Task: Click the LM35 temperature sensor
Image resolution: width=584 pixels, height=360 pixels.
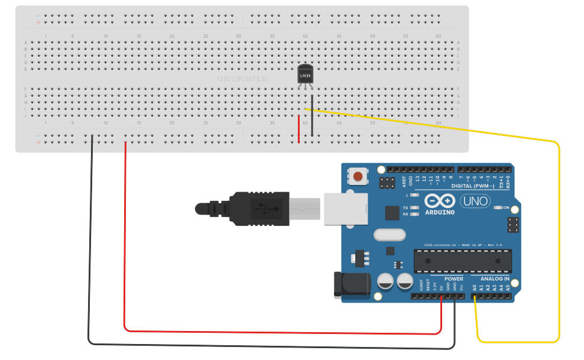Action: point(305,75)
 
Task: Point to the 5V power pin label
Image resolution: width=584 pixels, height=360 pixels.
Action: point(442,287)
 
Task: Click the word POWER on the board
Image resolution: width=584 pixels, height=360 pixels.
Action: point(453,278)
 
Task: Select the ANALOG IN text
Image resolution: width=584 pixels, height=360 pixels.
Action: point(494,278)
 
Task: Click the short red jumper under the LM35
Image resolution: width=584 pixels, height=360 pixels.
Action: point(299,129)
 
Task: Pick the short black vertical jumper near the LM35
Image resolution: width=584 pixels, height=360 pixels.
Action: point(312,115)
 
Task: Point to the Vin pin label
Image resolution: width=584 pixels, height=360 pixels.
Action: point(461,287)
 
